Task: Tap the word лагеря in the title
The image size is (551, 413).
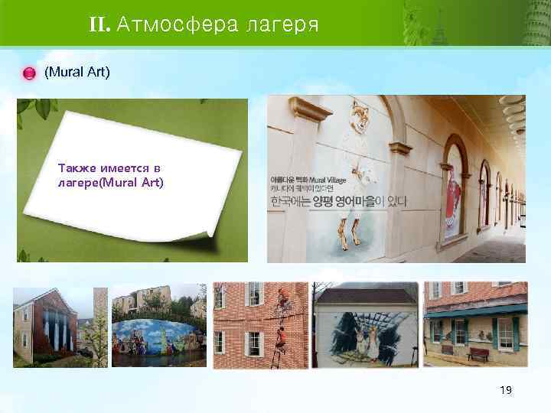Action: tap(278, 26)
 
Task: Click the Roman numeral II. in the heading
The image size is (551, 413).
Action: tap(99, 26)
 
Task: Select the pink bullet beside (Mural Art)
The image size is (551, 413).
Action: tap(29, 73)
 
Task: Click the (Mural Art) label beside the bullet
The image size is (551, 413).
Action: tap(77, 73)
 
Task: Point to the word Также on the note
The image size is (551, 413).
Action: tap(74, 167)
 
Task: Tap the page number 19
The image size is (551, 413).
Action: tap(505, 390)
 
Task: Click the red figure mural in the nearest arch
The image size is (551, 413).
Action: tap(454, 191)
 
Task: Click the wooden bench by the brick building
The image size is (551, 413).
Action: tap(478, 353)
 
